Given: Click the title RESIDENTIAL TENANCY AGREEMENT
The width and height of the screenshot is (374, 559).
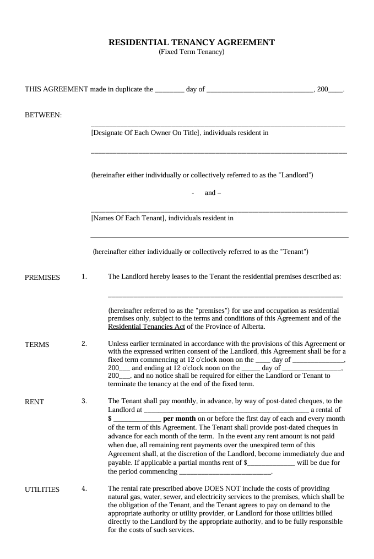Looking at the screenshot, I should [x=191, y=42].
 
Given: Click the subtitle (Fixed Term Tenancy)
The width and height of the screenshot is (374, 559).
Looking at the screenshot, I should [x=191, y=52].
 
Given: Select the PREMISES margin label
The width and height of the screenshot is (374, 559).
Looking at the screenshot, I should [x=42, y=278].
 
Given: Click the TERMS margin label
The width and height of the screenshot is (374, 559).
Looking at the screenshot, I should [x=37, y=345].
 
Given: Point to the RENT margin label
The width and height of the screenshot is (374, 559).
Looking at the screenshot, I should [x=34, y=402].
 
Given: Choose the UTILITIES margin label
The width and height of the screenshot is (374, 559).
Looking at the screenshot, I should [x=42, y=490].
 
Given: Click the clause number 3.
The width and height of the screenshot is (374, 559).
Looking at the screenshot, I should [x=84, y=401].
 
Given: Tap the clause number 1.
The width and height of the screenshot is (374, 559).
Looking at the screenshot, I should [x=84, y=277].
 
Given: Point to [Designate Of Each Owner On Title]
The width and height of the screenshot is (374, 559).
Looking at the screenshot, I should [x=145, y=133].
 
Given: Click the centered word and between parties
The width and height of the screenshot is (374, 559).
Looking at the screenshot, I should [x=210, y=193].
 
